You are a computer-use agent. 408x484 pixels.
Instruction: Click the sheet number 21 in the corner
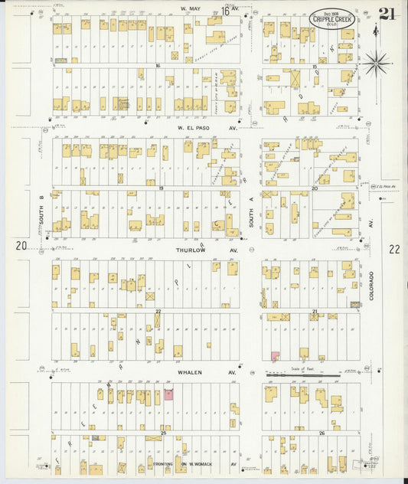pyautogui.click(x=387, y=14)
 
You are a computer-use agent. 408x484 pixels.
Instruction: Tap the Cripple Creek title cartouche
pyautogui.click(x=332, y=18)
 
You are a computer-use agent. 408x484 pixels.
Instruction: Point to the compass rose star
pyautogui.click(x=376, y=64)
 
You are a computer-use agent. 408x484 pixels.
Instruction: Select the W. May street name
pyautogui.click(x=189, y=10)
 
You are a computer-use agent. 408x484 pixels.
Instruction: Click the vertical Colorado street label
pyautogui.click(x=370, y=285)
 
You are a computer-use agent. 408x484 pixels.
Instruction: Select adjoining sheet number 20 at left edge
pyautogui.click(x=21, y=246)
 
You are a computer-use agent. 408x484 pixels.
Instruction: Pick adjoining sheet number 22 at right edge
pyautogui.click(x=393, y=249)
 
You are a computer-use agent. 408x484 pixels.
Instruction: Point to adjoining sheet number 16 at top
pyautogui.click(x=227, y=11)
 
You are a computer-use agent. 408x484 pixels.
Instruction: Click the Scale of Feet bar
pyautogui.click(x=302, y=375)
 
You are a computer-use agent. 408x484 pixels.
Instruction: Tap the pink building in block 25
pyautogui.click(x=168, y=395)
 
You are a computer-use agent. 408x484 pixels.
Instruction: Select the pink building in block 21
pyautogui.click(x=274, y=356)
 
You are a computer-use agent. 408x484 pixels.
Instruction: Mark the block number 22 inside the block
pyautogui.click(x=158, y=311)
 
